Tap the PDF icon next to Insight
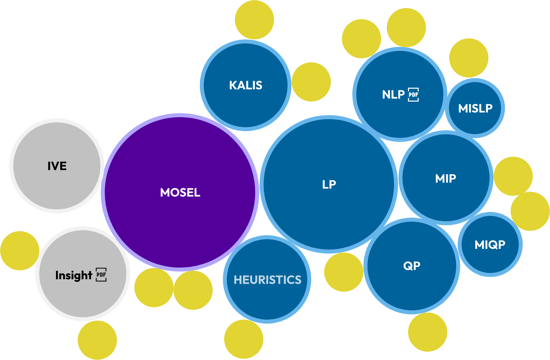pos(101,275)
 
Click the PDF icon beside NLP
pos(413,95)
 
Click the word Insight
pos(73,275)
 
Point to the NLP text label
pos(393,95)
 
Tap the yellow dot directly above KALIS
pos(254,20)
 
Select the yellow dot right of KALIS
pos(311,82)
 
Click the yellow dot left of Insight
pos(20,250)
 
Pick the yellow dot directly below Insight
pos(97,340)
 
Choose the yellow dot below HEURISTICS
pos(244,339)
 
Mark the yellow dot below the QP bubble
pos(428,332)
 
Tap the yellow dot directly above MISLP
pos(469,58)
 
